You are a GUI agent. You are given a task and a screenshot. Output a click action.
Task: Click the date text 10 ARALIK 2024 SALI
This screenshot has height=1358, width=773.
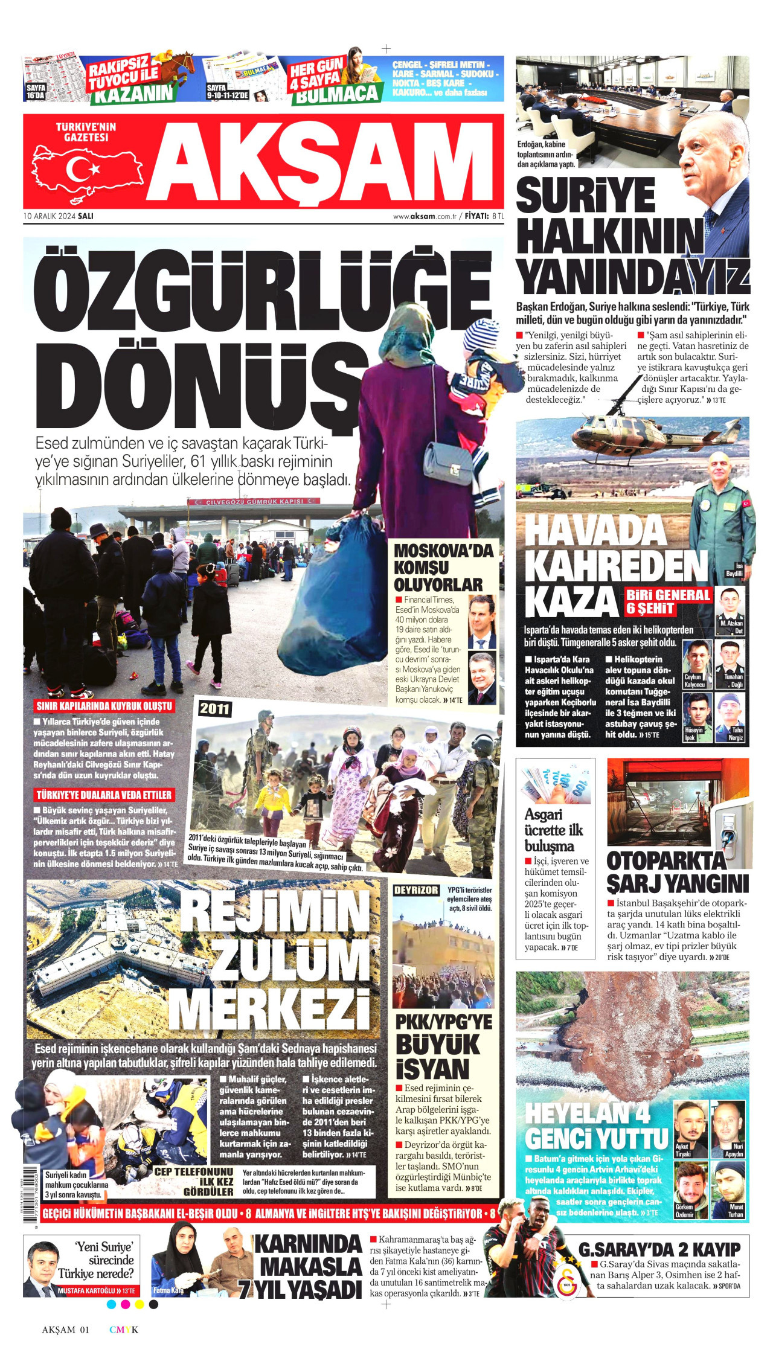pyautogui.click(x=59, y=216)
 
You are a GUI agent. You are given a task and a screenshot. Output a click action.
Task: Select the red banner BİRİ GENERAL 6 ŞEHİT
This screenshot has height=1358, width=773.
pyautogui.click(x=667, y=601)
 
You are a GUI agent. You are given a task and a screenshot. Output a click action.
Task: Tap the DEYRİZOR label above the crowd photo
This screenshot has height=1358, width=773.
pyautogui.click(x=416, y=891)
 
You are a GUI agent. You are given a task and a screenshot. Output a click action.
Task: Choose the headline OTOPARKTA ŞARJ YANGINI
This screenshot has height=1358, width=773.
pyautogui.click(x=677, y=873)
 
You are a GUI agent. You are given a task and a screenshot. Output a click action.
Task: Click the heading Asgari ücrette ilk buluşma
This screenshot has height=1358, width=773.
pyautogui.click(x=553, y=830)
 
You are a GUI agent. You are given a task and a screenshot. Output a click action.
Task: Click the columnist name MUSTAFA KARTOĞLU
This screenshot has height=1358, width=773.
pyautogui.click(x=88, y=1291)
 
